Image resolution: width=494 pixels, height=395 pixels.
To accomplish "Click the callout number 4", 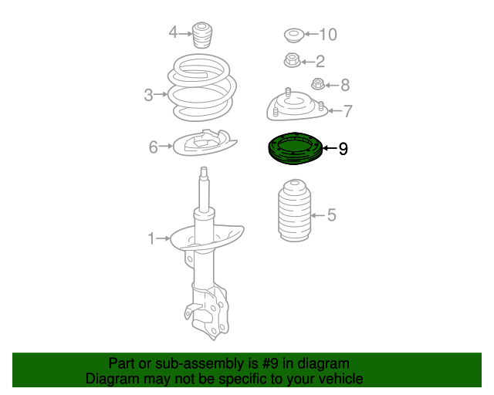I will (174, 32).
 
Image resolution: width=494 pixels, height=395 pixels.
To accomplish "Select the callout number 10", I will (328, 34).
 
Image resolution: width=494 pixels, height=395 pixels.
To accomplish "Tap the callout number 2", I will (320, 60).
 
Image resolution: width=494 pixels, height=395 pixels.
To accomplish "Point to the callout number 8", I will (345, 85).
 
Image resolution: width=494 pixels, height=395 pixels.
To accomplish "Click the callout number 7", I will (348, 111).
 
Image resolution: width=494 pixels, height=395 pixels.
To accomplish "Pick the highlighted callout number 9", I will (343, 148).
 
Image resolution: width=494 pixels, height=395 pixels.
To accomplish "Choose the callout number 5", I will (332, 214).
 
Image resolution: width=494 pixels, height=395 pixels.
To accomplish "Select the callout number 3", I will (148, 96).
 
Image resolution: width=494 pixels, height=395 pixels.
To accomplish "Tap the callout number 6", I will (154, 146).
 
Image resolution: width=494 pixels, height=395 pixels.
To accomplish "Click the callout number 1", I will (151, 239).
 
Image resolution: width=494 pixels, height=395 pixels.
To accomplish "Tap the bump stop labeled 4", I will (205, 35).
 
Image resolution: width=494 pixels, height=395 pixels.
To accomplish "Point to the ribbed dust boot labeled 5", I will (294, 216).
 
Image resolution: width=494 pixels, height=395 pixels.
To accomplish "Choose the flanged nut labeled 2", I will (292, 59).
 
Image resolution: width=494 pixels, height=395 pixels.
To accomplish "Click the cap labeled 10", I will (294, 35).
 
